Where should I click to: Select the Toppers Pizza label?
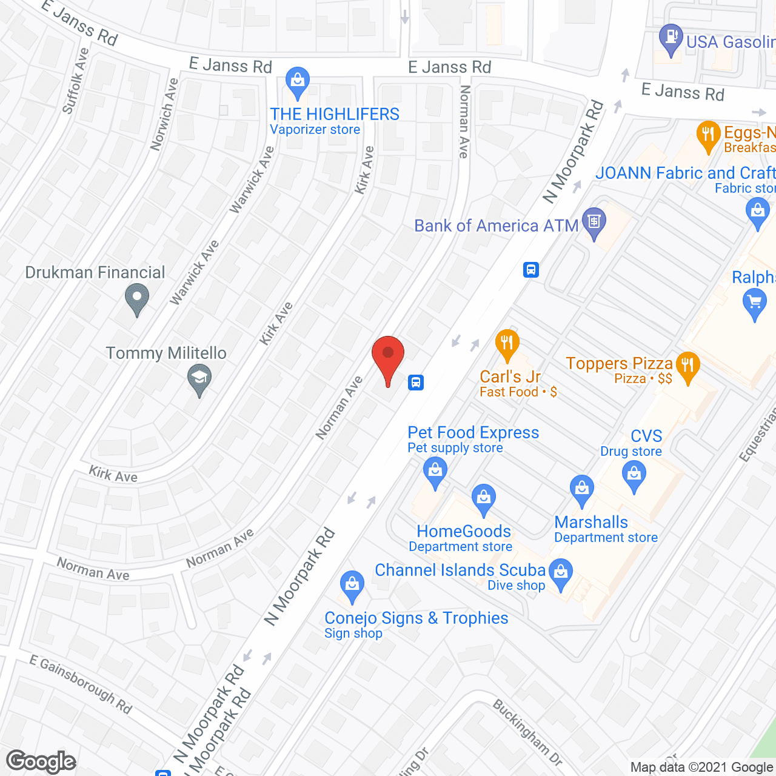coord(619,364)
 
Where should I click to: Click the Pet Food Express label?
coord(473,433)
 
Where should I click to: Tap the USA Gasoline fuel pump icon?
coord(671,38)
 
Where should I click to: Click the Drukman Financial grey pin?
coord(137,298)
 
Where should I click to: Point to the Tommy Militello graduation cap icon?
coord(199,380)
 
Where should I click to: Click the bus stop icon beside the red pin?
coord(416,383)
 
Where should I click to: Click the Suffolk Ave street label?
coord(76,81)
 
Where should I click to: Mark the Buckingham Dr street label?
coord(527,732)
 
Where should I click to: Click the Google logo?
coord(41,761)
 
